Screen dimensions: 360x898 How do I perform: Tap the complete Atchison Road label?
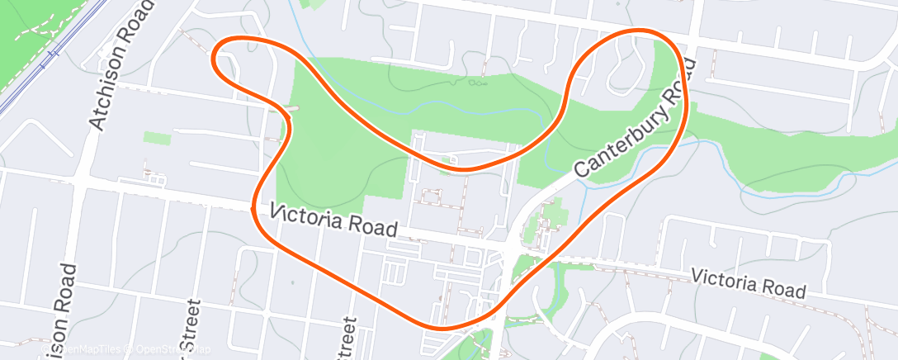pos(121,65)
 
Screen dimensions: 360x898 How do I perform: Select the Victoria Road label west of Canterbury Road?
pos(335,220)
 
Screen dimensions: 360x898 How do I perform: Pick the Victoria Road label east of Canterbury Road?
pos(748,282)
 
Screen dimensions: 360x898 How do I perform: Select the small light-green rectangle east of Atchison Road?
pos(157,138)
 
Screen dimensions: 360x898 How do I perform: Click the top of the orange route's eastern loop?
pos(640,32)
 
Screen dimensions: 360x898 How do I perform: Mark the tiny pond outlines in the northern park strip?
pos(475,83)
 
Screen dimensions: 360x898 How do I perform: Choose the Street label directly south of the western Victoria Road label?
pos(347,339)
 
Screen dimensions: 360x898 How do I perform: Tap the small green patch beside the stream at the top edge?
pos(314,4)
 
